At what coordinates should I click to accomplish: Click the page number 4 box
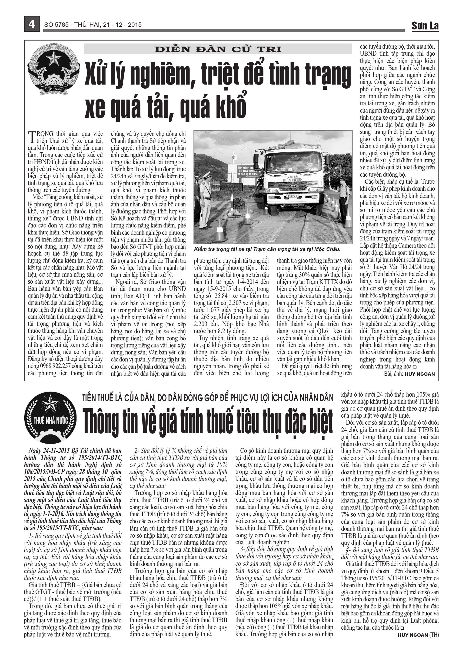click(31, 24)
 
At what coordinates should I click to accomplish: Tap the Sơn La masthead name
click(425, 26)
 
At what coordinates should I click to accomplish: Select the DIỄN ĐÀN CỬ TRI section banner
click(218, 49)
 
